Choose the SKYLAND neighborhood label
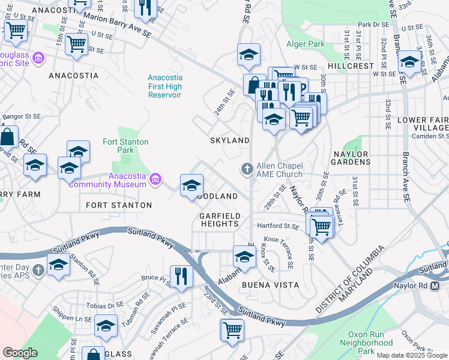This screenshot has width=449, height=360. point(229,140)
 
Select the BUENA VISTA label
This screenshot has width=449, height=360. point(266,286)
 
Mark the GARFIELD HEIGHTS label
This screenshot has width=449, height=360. point(220,220)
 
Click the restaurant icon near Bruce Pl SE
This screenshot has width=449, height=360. point(181,276)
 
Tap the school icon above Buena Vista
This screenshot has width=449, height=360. point(244,256)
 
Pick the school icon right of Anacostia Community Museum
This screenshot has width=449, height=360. point(192,185)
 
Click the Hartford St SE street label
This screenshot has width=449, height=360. point(278,227)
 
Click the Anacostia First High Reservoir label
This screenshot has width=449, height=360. point(165,86)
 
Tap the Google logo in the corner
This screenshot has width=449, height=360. point(20,353)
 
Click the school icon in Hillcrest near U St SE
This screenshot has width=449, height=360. point(409,62)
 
